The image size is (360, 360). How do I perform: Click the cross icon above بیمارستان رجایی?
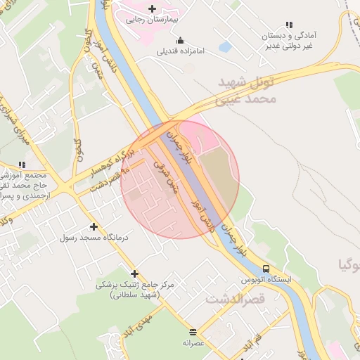point(152,8)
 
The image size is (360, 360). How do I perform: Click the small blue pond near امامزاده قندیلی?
point(225,47)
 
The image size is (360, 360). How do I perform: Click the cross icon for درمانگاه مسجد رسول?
point(94,226)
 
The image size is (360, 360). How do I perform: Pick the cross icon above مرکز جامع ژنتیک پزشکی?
point(134,274)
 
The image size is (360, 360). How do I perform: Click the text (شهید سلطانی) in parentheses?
point(135,295)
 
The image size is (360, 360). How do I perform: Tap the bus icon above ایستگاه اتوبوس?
point(266,268)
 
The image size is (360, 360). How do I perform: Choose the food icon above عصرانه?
point(193,332)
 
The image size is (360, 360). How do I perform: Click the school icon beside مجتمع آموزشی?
point(20,165)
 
